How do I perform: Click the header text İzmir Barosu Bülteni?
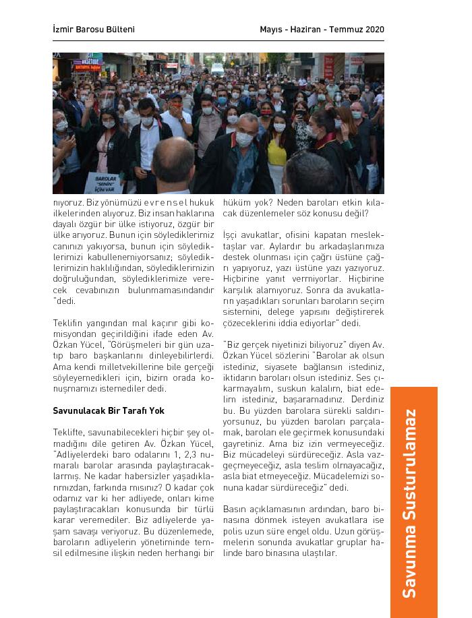click(x=94, y=30)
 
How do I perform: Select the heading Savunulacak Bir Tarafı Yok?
click(x=109, y=410)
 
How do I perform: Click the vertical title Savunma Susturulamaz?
click(x=409, y=503)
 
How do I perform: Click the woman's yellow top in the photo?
click(x=277, y=153)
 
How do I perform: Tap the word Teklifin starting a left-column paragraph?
click(x=67, y=323)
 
